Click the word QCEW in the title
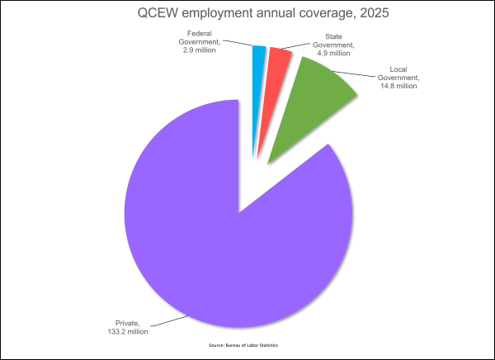(158, 13)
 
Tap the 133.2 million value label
(128, 332)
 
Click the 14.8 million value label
(398, 86)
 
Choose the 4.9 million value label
(333, 53)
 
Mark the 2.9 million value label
(199, 50)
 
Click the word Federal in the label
(199, 33)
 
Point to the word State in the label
(333, 36)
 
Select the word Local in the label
(398, 69)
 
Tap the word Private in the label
(128, 324)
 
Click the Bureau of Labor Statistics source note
(243, 345)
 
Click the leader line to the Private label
(169, 321)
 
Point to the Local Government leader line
(355, 74)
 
